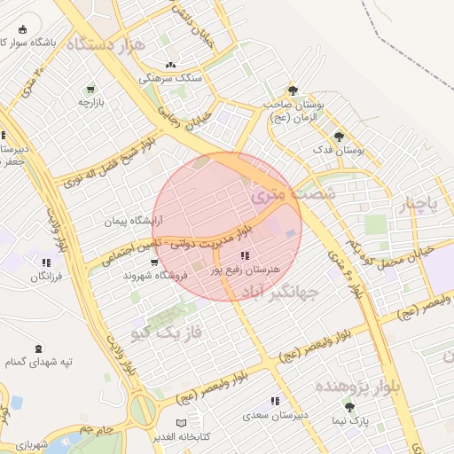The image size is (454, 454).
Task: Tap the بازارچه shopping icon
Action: [x=90, y=90]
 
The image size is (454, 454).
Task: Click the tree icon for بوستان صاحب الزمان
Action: [x=294, y=90]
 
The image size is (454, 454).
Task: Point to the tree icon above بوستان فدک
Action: [x=339, y=137]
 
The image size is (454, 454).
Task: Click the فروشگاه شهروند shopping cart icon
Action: [x=155, y=262]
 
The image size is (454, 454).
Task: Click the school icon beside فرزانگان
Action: [x=45, y=262]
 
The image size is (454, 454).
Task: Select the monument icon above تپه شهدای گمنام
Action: [x=37, y=349]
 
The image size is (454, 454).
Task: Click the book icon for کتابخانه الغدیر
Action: [x=182, y=423]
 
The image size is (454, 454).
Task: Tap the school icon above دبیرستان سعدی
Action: [x=275, y=401]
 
